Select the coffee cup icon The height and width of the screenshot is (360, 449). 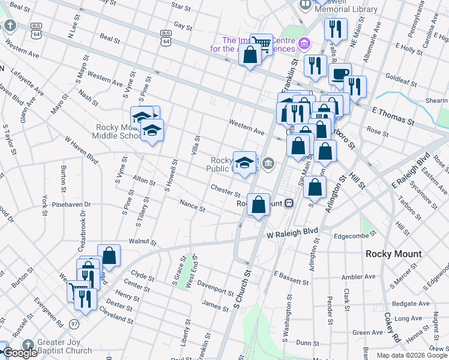340,74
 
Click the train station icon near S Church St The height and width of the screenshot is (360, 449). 289,203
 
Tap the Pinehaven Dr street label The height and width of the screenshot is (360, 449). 71,205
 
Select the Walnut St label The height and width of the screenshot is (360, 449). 142,242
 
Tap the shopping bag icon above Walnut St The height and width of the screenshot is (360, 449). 109,255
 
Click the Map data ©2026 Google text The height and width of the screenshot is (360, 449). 411,355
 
